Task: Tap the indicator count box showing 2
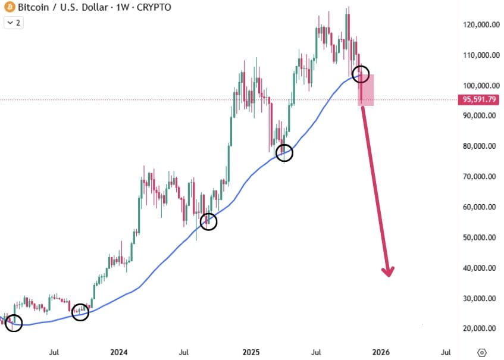(13, 23)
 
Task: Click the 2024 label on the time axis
(119, 351)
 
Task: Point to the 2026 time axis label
(381, 351)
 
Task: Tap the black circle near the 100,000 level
(361, 74)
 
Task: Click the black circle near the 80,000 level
(284, 152)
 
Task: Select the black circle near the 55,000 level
(208, 222)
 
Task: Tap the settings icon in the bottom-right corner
(483, 351)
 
